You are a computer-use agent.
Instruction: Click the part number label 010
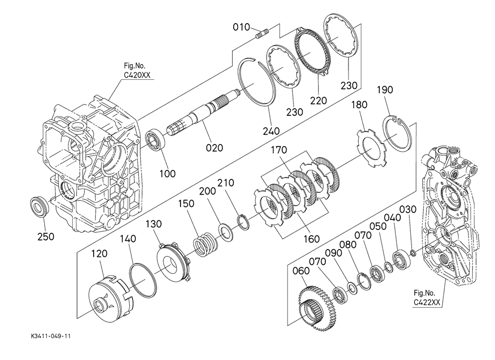tap(241, 27)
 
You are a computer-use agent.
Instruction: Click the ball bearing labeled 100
tap(155, 140)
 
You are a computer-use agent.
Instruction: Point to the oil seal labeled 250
tap(39, 206)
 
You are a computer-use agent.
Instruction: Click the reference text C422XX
tap(427, 302)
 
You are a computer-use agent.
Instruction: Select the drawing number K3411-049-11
tap(51, 336)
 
